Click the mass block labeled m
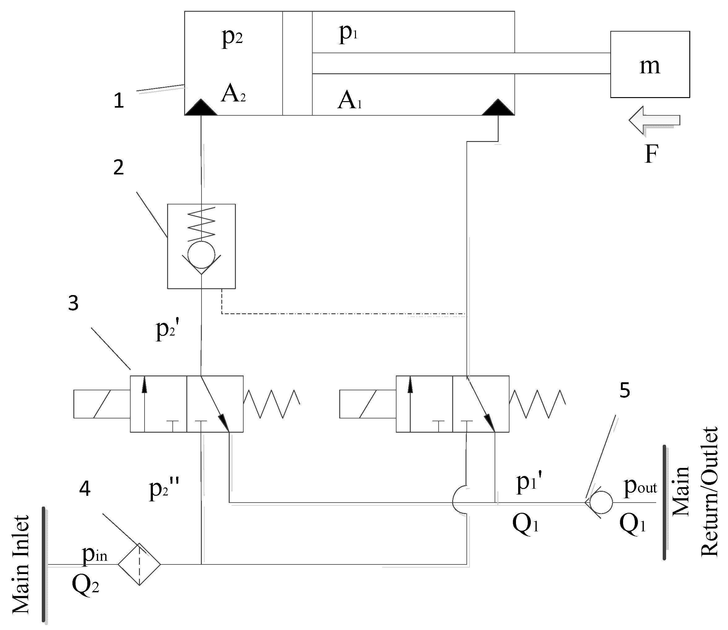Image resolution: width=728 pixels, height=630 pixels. (x=649, y=64)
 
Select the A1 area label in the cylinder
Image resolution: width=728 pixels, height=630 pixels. (x=349, y=101)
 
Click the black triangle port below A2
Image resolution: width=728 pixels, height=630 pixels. (x=201, y=108)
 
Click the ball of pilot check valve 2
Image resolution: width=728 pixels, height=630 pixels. (x=201, y=255)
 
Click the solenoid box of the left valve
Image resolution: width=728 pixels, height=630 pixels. (x=102, y=404)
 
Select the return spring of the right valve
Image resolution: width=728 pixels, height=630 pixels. (x=537, y=404)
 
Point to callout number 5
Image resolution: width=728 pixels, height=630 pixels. (x=625, y=390)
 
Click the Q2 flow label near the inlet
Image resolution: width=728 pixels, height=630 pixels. (x=85, y=585)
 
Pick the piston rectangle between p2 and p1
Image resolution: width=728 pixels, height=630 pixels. (x=297, y=63)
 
